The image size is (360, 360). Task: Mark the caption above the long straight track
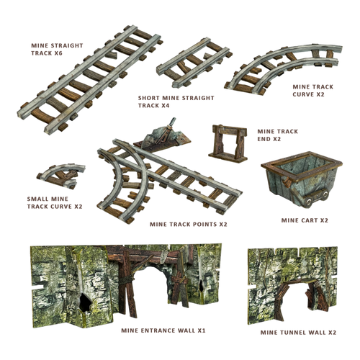56,48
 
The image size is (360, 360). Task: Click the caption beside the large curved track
312,89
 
